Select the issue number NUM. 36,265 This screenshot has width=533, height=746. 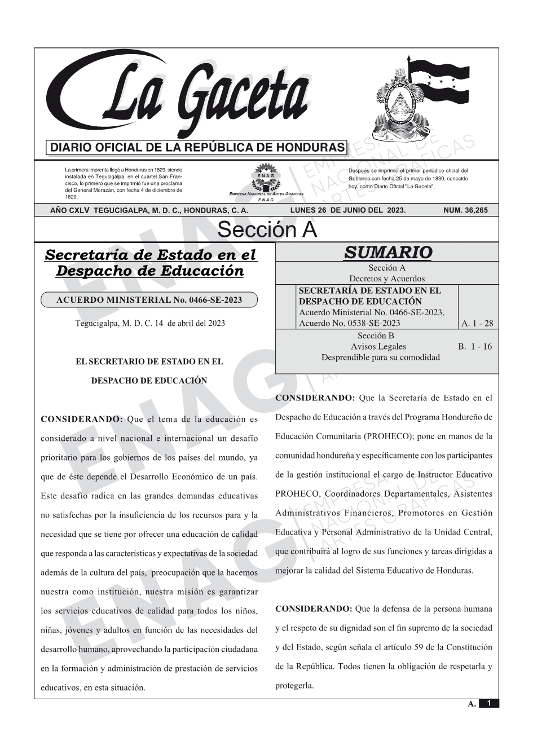(x=465, y=210)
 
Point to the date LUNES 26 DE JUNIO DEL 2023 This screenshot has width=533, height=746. (x=347, y=210)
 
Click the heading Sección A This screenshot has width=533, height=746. (x=267, y=230)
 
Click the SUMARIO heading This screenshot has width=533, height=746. (x=387, y=252)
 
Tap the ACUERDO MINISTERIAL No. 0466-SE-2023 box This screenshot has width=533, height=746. (x=149, y=300)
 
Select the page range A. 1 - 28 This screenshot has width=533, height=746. (x=477, y=323)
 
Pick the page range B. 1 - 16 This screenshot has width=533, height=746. (x=475, y=346)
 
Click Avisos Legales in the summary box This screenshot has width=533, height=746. (x=378, y=346)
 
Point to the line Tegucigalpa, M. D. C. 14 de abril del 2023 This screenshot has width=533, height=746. (x=150, y=323)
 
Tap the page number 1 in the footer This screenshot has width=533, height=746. (x=488, y=703)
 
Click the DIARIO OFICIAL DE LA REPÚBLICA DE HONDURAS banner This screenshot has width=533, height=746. (x=197, y=148)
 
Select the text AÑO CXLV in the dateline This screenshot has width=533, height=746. (x=70, y=210)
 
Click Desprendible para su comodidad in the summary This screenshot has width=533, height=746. (x=380, y=357)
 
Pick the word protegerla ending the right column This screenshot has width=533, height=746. (x=294, y=686)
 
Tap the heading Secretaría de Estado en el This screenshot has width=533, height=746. (x=150, y=255)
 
